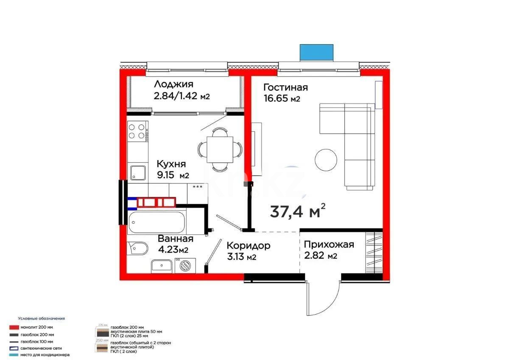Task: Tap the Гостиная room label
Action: point(285,87)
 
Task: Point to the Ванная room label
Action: point(175,239)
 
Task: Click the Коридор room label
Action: point(248,246)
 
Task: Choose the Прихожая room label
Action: point(329,245)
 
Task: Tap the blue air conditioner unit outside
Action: point(316,52)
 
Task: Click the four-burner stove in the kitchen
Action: point(137,131)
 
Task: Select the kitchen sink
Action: point(137,172)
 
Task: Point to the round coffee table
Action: point(326,160)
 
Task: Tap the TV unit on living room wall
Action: point(256,144)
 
